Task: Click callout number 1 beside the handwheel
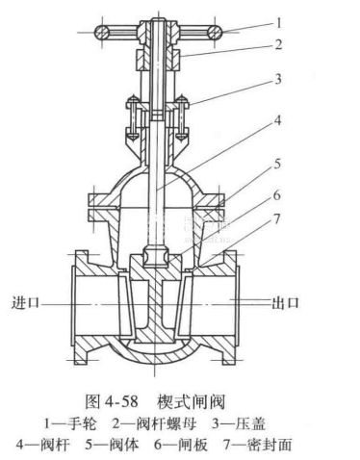[278, 23]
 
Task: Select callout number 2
[278, 44]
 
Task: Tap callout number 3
[278, 79]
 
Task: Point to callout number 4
[277, 121]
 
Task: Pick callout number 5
[277, 164]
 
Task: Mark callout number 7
[276, 219]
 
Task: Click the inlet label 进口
[25, 302]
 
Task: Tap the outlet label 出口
[285, 303]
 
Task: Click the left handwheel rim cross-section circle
[102, 33]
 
